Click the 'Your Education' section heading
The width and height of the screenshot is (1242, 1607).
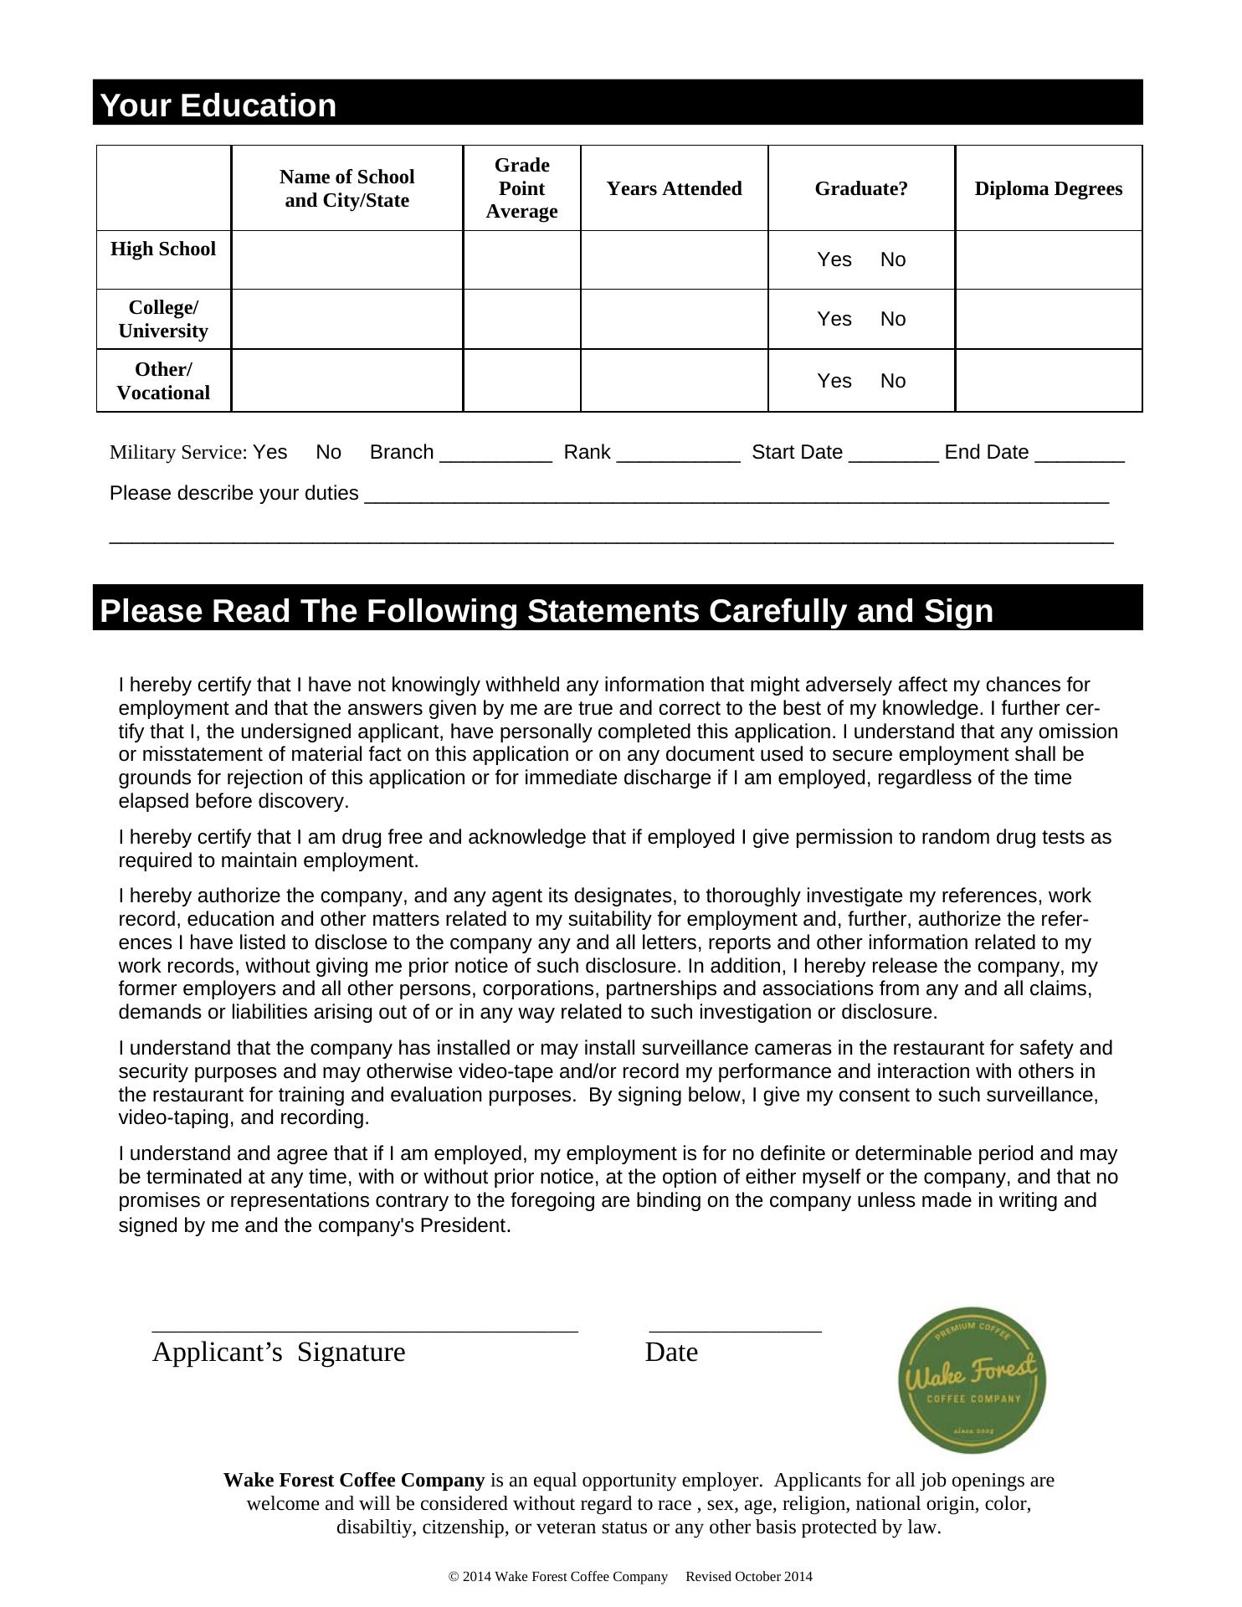(x=218, y=105)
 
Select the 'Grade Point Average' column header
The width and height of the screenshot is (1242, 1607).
(x=521, y=188)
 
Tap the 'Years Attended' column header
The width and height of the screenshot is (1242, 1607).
(x=674, y=188)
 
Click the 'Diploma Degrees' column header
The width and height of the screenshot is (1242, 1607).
(x=1048, y=188)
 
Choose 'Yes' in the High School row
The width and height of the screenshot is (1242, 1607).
(x=834, y=259)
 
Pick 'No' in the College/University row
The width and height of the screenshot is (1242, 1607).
(x=893, y=319)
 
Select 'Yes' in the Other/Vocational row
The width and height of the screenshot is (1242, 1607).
(x=834, y=381)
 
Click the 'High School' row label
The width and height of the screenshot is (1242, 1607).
(x=163, y=249)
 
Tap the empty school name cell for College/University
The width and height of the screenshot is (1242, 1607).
(x=347, y=319)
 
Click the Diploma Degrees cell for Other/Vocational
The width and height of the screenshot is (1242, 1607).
(x=1048, y=381)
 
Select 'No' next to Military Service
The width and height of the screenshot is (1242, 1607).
(x=328, y=452)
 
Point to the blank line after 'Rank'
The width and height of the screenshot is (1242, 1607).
(x=678, y=455)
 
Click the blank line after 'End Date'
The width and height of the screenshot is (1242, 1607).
(x=1080, y=455)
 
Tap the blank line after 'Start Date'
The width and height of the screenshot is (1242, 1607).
(x=893, y=455)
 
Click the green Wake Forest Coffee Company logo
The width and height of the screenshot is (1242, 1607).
(x=972, y=1379)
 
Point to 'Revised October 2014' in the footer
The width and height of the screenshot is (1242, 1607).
(x=749, y=1577)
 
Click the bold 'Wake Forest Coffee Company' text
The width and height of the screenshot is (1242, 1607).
(x=354, y=1481)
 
